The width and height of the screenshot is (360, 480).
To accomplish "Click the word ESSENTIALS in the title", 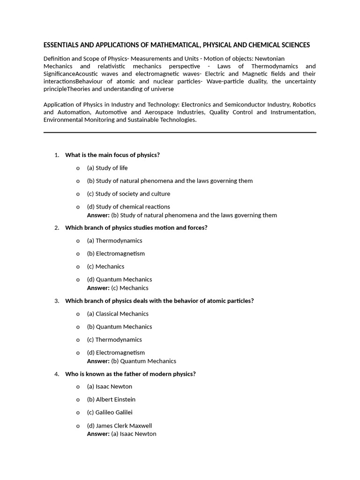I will (x=61, y=45).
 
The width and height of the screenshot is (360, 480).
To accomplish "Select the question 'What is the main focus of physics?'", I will (x=112, y=155).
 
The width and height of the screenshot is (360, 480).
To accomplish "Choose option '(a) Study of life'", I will (x=107, y=168).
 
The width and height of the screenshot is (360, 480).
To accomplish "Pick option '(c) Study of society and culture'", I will (x=128, y=194).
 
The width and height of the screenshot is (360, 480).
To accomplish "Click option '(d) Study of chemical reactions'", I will (x=128, y=207).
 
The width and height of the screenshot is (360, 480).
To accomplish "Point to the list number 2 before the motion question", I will (x=56, y=228).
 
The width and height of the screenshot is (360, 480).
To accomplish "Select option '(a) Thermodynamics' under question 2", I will (x=114, y=240).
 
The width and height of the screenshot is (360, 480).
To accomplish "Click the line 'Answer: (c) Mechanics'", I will (x=118, y=288).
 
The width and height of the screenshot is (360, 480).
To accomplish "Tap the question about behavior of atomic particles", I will (x=159, y=301).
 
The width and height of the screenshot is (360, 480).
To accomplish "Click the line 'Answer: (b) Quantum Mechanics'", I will (x=131, y=361).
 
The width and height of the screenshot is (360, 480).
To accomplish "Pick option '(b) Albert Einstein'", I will (x=111, y=399).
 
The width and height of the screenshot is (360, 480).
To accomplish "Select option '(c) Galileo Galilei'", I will (x=110, y=412).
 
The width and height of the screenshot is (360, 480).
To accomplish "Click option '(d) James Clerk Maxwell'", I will (x=119, y=426).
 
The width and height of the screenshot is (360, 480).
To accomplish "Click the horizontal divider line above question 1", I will (x=180, y=133).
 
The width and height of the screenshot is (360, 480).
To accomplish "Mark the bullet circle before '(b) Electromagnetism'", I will (x=78, y=254).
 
